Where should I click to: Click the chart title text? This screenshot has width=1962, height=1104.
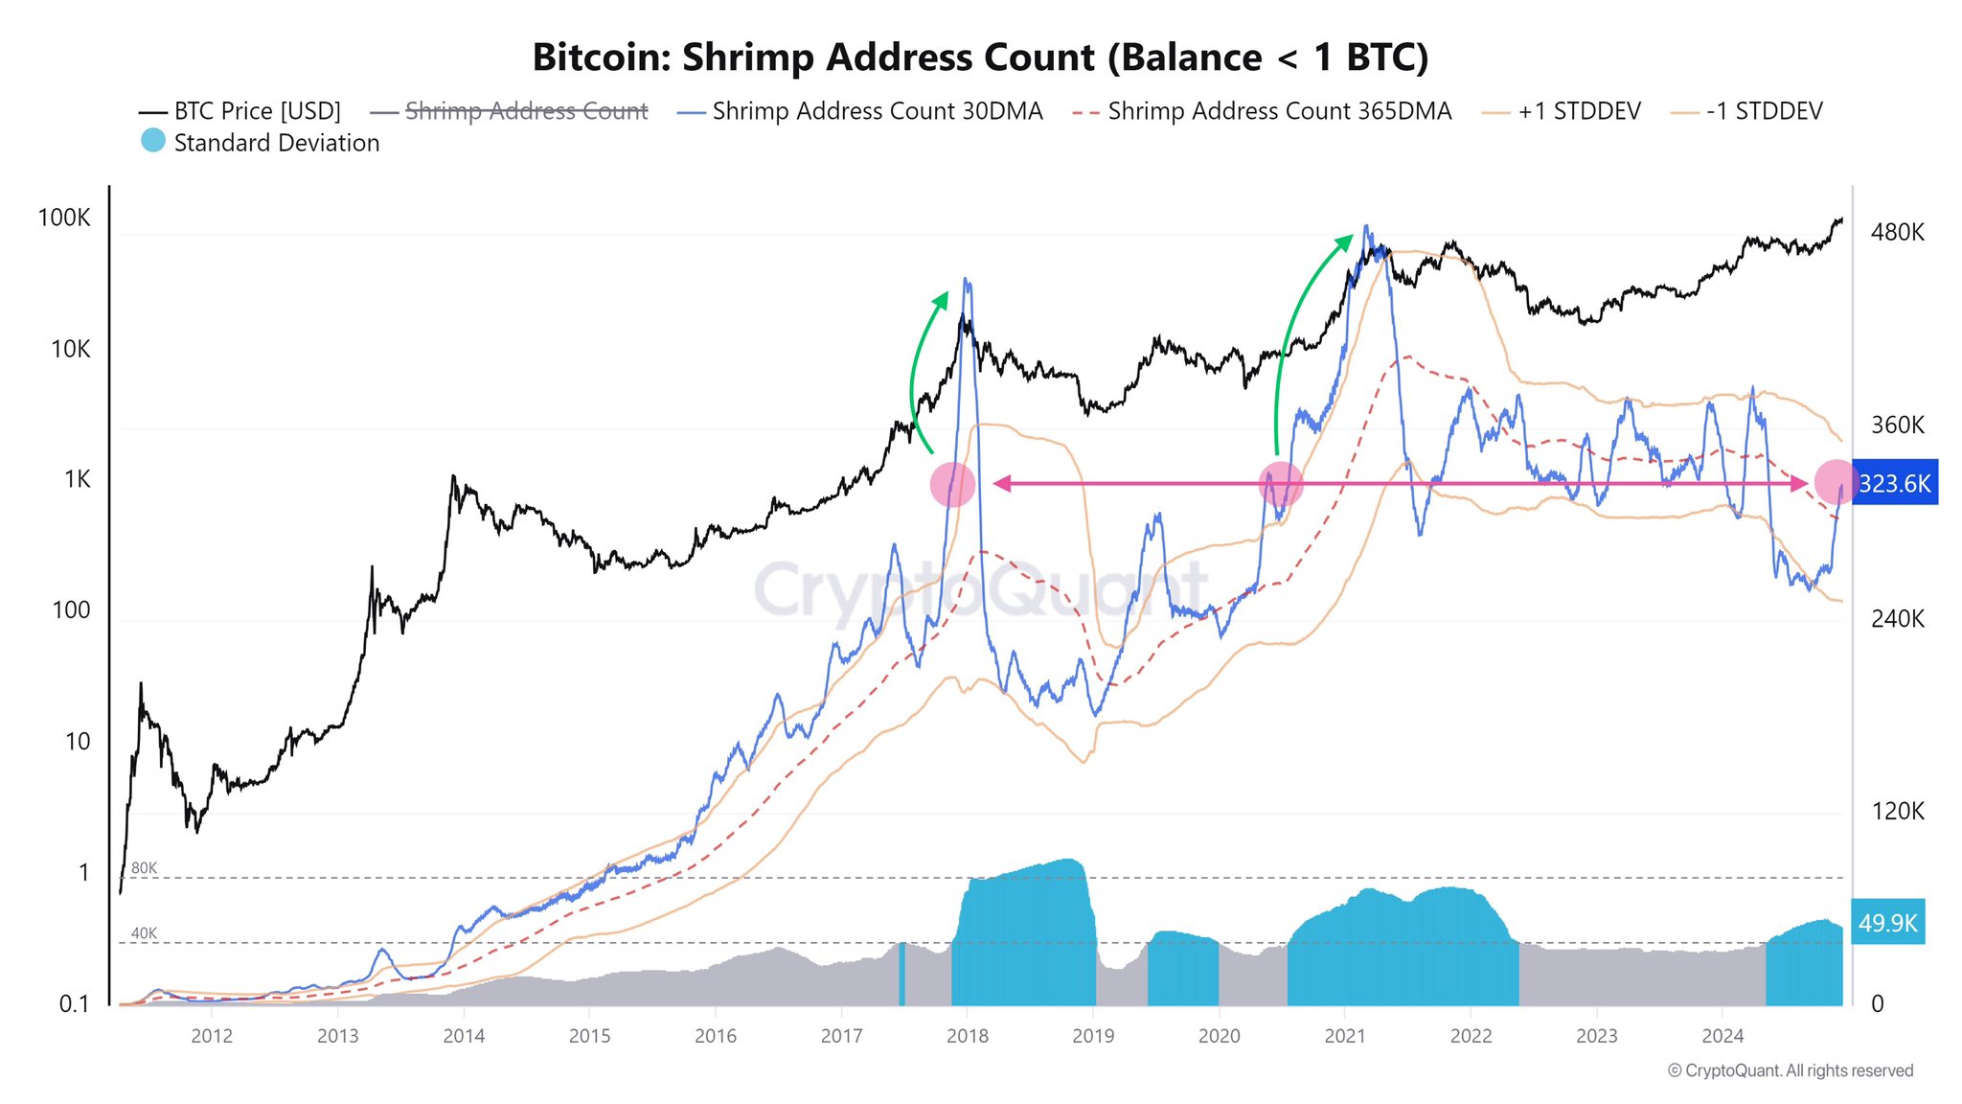click(980, 57)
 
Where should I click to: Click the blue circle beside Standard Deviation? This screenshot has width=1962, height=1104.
click(153, 141)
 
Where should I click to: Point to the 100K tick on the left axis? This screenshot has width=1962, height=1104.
click(64, 218)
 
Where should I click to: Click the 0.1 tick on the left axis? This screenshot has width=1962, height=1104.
click(74, 1003)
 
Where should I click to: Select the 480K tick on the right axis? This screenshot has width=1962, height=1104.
click(1897, 232)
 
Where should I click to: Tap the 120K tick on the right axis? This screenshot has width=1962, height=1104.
click(1897, 811)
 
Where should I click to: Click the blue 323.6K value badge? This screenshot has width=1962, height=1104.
click(1894, 483)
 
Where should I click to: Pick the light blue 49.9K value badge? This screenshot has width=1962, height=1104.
click(1887, 923)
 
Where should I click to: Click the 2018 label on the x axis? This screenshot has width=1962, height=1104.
click(967, 1036)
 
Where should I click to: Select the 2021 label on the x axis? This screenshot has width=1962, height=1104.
click(1344, 1036)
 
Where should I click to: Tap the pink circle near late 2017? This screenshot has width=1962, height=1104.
click(952, 484)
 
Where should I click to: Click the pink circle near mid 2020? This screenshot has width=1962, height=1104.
click(1280, 484)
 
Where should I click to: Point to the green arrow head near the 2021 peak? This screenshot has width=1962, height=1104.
click(1345, 240)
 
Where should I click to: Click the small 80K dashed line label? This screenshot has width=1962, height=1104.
click(144, 868)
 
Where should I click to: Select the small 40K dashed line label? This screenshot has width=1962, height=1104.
click(144, 933)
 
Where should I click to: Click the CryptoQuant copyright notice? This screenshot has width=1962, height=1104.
click(1790, 1070)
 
